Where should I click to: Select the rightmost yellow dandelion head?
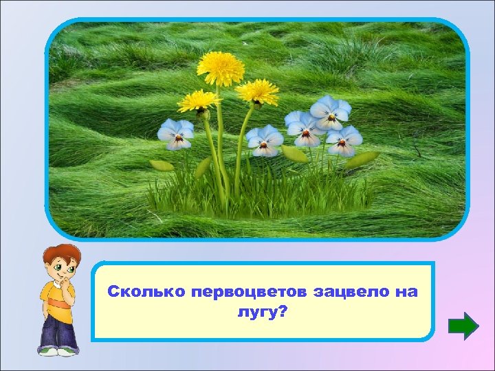[258, 91]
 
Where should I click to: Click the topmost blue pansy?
[330, 111]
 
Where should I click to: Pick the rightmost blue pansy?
[344, 140]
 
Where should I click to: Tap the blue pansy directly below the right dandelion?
[265, 140]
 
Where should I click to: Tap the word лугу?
[252, 312]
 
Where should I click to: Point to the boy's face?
[63, 268]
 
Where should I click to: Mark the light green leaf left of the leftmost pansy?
[162, 165]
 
